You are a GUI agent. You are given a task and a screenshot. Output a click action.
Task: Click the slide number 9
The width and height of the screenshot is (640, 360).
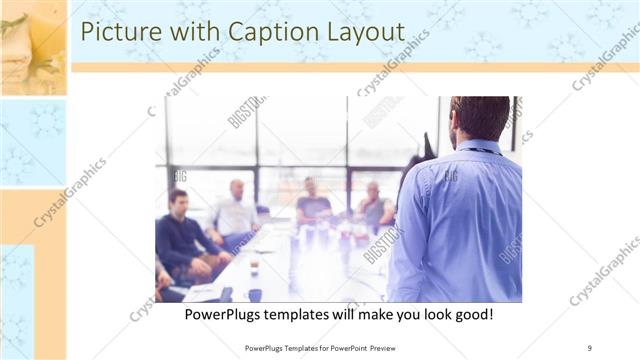click(x=589, y=348)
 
